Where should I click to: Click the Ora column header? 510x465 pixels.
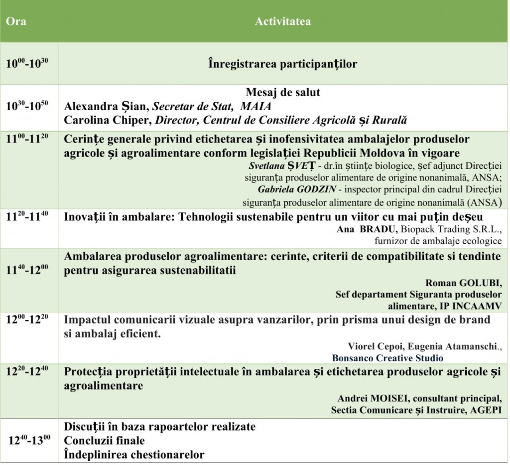(x=16, y=22)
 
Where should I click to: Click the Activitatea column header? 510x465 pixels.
(x=282, y=22)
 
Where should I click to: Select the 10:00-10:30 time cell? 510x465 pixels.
(x=27, y=64)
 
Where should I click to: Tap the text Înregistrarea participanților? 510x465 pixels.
(x=282, y=64)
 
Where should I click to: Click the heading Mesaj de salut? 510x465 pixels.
(x=282, y=93)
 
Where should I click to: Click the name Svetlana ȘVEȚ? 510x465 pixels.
(x=273, y=164)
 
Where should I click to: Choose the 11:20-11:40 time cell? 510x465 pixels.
(x=27, y=217)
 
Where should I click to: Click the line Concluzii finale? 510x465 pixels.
(x=105, y=441)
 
